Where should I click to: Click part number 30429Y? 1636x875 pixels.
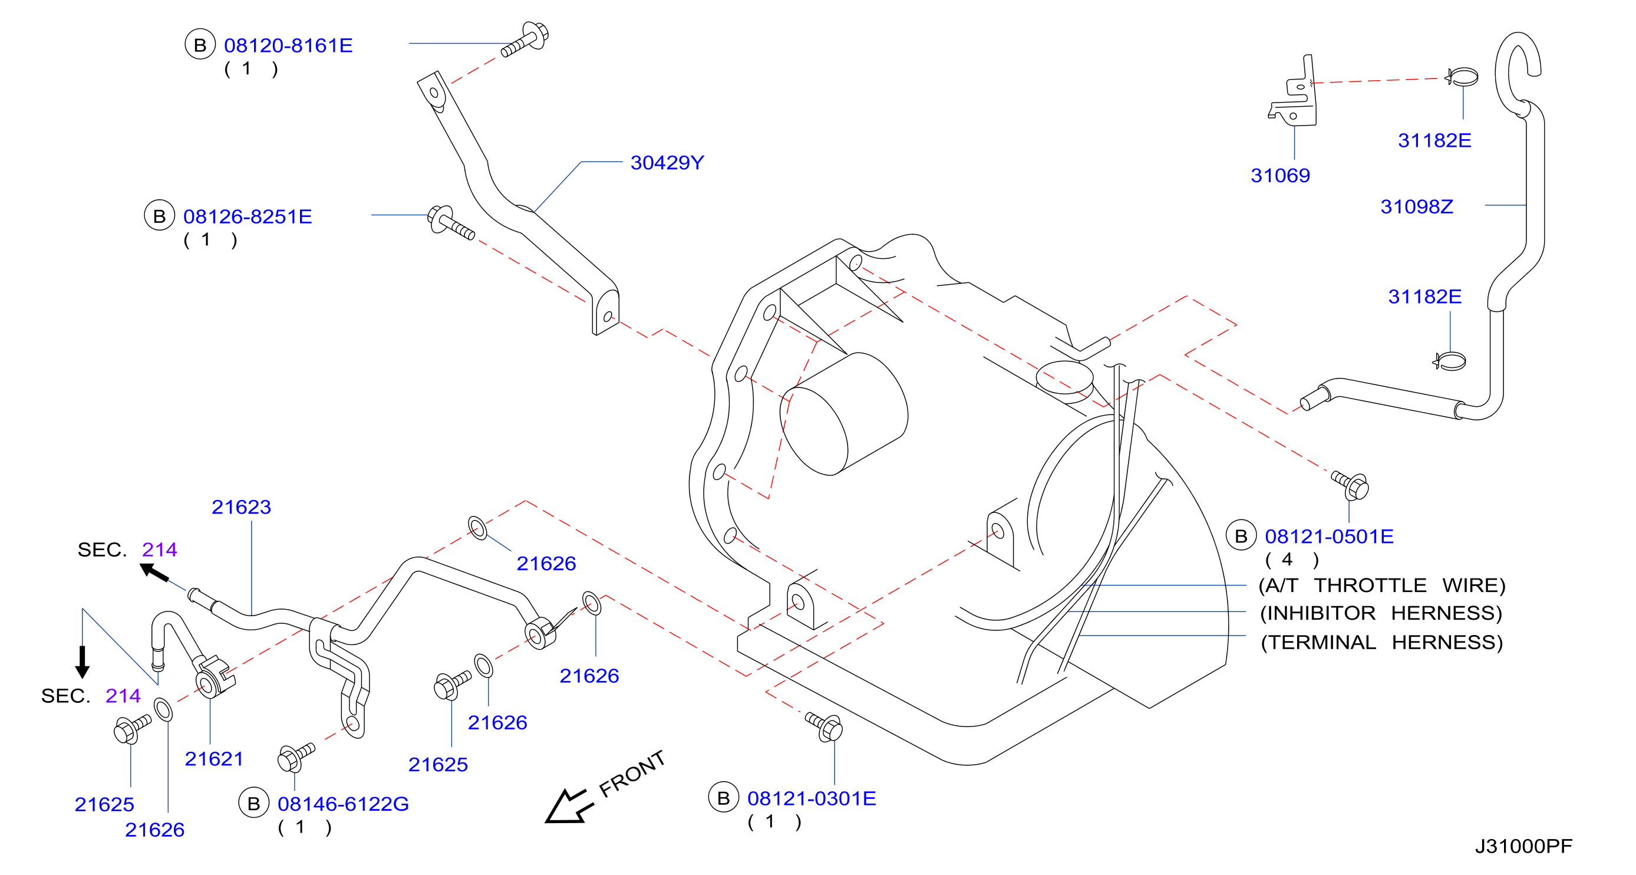pos(667,163)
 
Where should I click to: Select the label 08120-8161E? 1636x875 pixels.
pos(288,46)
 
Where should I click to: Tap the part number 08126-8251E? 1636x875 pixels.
pos(248,216)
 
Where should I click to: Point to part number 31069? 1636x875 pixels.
pos(1281,175)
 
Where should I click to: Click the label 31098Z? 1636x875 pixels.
pos(1417,206)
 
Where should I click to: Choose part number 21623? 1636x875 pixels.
pos(242,507)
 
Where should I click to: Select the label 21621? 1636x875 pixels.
pos(214,759)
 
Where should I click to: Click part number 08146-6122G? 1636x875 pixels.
pos(343,804)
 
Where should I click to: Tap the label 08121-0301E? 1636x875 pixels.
pos(812,799)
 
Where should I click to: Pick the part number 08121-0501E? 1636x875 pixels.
pos(1330,537)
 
